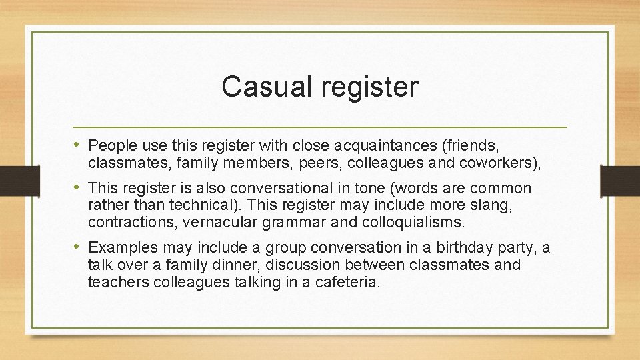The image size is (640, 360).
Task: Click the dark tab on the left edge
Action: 11,181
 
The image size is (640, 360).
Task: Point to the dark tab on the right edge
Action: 619,181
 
